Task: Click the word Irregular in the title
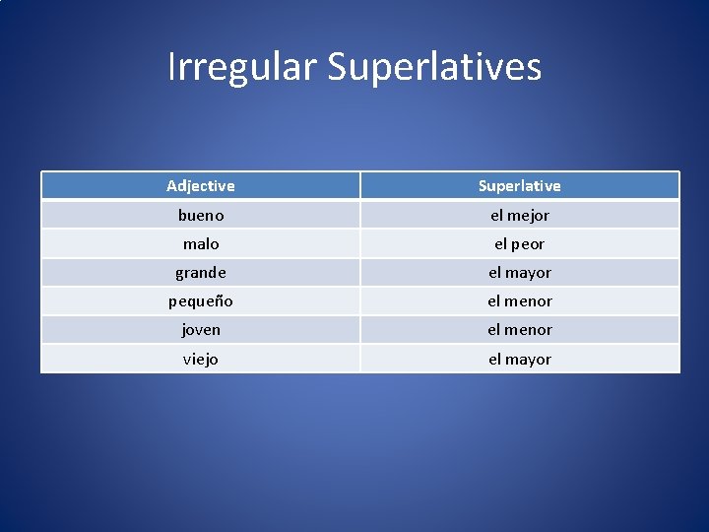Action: click(242, 68)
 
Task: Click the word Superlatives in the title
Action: click(434, 68)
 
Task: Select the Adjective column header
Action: click(201, 185)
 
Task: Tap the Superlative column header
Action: click(519, 185)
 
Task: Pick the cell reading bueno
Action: click(201, 215)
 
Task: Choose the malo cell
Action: click(201, 243)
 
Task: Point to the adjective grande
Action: click(201, 272)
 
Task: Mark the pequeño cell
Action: click(201, 300)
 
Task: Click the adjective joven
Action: click(201, 329)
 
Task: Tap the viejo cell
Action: click(201, 359)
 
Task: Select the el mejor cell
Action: click(519, 215)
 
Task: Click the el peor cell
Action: click(519, 243)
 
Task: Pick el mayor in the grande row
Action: click(519, 272)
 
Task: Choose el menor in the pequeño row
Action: click(519, 300)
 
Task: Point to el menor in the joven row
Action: click(519, 329)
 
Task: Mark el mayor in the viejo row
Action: click(519, 359)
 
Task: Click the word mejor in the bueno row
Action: click(528, 215)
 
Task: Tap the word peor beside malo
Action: click(527, 243)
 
